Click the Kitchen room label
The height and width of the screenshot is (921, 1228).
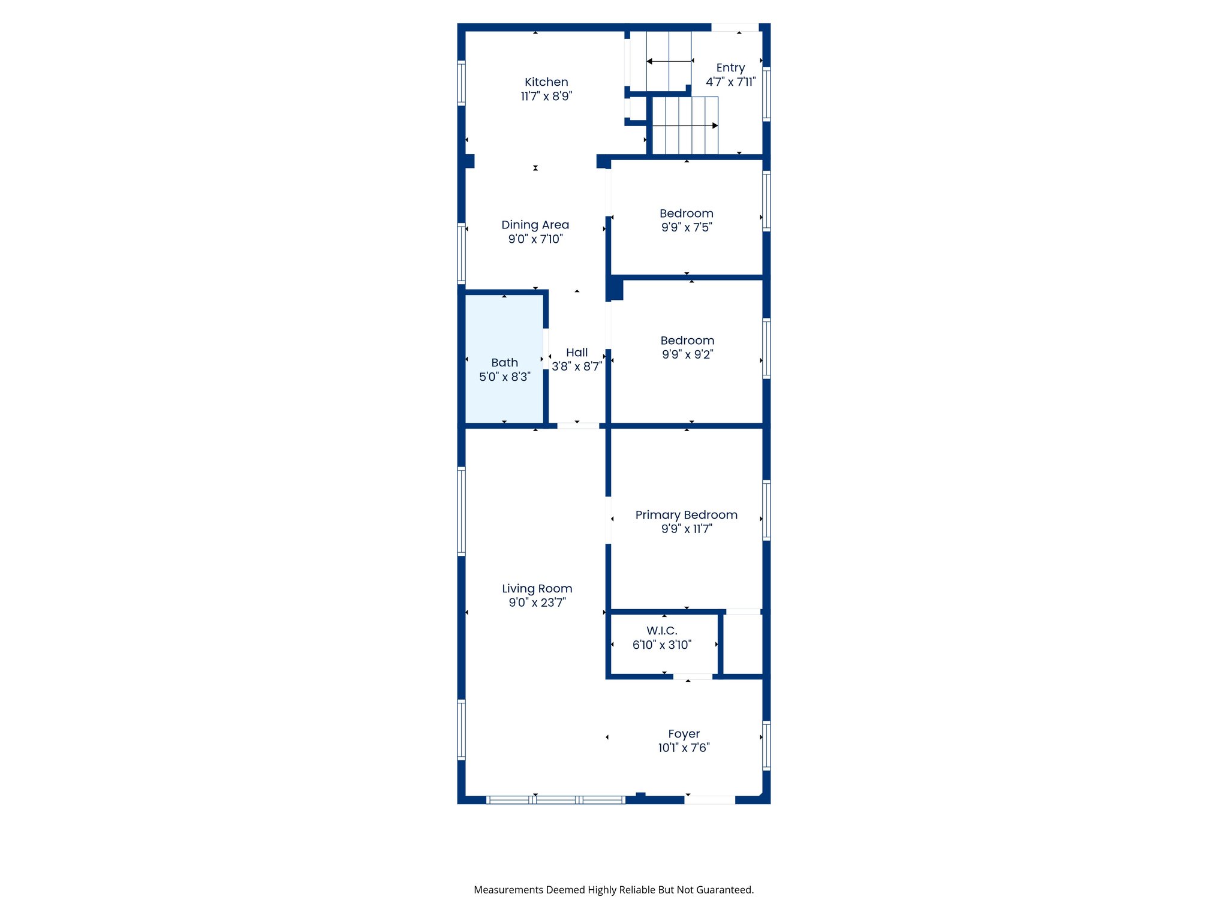click(x=546, y=82)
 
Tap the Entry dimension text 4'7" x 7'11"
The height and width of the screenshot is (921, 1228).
click(x=730, y=82)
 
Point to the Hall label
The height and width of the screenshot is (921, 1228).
click(x=577, y=353)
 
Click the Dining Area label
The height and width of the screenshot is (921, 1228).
click(x=535, y=225)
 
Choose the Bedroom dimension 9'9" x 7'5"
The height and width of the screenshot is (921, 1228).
click(x=687, y=227)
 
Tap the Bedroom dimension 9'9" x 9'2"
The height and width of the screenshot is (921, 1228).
click(x=687, y=354)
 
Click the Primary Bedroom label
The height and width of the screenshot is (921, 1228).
click(x=686, y=515)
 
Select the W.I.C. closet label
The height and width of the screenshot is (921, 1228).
click(x=662, y=631)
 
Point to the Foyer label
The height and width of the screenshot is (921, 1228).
click(x=684, y=734)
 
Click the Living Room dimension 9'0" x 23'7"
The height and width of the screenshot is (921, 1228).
click(x=537, y=603)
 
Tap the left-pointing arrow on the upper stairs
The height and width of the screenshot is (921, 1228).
click(x=649, y=61)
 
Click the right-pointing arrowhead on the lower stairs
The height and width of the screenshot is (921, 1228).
click(x=715, y=126)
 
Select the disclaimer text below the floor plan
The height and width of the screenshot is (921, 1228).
click(x=613, y=890)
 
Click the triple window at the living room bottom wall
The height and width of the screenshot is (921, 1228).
click(x=555, y=799)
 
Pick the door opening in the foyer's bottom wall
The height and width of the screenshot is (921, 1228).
click(x=710, y=799)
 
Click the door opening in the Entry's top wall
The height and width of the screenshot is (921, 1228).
click(x=735, y=28)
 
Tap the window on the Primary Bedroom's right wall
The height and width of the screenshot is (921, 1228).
click(x=766, y=510)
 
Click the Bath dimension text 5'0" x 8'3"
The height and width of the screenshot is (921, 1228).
click(x=504, y=377)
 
